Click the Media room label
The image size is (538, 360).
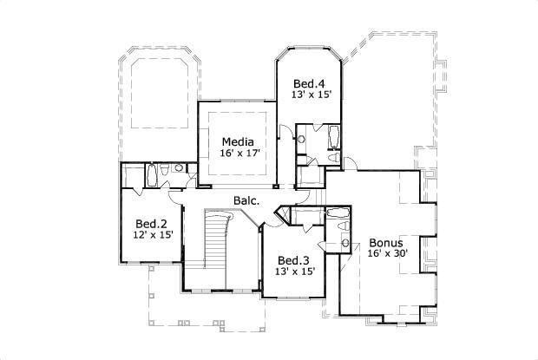237,141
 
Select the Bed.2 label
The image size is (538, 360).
151,222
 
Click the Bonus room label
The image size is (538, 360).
384,242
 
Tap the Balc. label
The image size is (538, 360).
244,201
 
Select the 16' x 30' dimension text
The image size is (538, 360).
384,253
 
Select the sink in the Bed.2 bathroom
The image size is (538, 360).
178,168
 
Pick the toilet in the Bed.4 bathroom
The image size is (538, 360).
334,158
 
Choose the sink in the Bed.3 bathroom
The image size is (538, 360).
346,243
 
